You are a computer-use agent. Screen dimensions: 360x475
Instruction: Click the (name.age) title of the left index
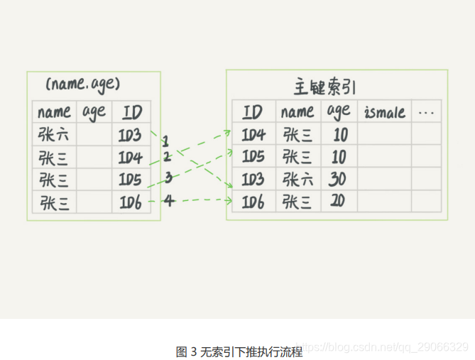[x=83, y=84]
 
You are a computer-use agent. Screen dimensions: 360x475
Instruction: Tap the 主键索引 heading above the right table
[x=324, y=87]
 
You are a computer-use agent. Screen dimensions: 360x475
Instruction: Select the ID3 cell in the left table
[x=130, y=135]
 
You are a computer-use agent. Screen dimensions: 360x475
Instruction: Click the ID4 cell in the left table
[x=130, y=158]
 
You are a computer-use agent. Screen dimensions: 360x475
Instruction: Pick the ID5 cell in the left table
[x=130, y=180]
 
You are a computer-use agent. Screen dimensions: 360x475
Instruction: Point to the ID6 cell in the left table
[x=130, y=203]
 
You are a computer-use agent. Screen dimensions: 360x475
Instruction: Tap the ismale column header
[x=384, y=112]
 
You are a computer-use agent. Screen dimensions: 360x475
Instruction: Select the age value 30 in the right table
[x=337, y=180]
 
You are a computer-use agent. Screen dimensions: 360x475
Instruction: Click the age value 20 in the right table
[x=337, y=202]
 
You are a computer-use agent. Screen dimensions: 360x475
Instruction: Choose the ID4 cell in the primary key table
[x=253, y=135]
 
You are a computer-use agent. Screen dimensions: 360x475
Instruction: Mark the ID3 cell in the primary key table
[x=253, y=180]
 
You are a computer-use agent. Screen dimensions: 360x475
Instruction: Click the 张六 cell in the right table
[x=297, y=180]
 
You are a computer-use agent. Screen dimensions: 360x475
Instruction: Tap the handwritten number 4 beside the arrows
[x=168, y=201]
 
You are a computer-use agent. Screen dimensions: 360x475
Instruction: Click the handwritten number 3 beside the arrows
[x=168, y=178]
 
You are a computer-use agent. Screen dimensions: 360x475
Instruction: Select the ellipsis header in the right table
[x=426, y=112]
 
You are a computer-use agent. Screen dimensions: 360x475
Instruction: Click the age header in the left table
[x=94, y=111]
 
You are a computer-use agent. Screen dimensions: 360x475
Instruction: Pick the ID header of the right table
[x=253, y=112]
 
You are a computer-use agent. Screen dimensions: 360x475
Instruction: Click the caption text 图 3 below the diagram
[x=187, y=351]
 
